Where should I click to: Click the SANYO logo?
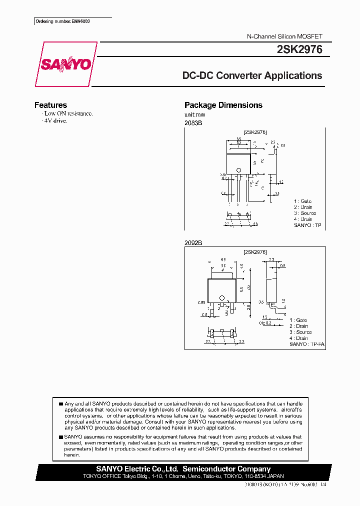click(x=65, y=64)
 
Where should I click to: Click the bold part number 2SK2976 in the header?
click(x=299, y=49)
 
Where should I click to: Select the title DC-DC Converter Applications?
click(x=252, y=76)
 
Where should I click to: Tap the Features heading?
click(x=50, y=105)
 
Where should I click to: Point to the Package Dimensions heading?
click(x=223, y=105)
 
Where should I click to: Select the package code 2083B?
click(x=193, y=122)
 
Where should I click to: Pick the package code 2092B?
click(x=193, y=242)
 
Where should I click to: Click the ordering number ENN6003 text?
click(x=62, y=21)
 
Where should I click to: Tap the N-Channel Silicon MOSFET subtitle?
click(x=285, y=37)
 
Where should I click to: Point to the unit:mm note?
click(x=195, y=115)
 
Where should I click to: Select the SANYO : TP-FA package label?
click(x=307, y=344)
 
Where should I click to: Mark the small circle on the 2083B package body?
click(x=239, y=170)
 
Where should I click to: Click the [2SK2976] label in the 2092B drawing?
click(x=255, y=252)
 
